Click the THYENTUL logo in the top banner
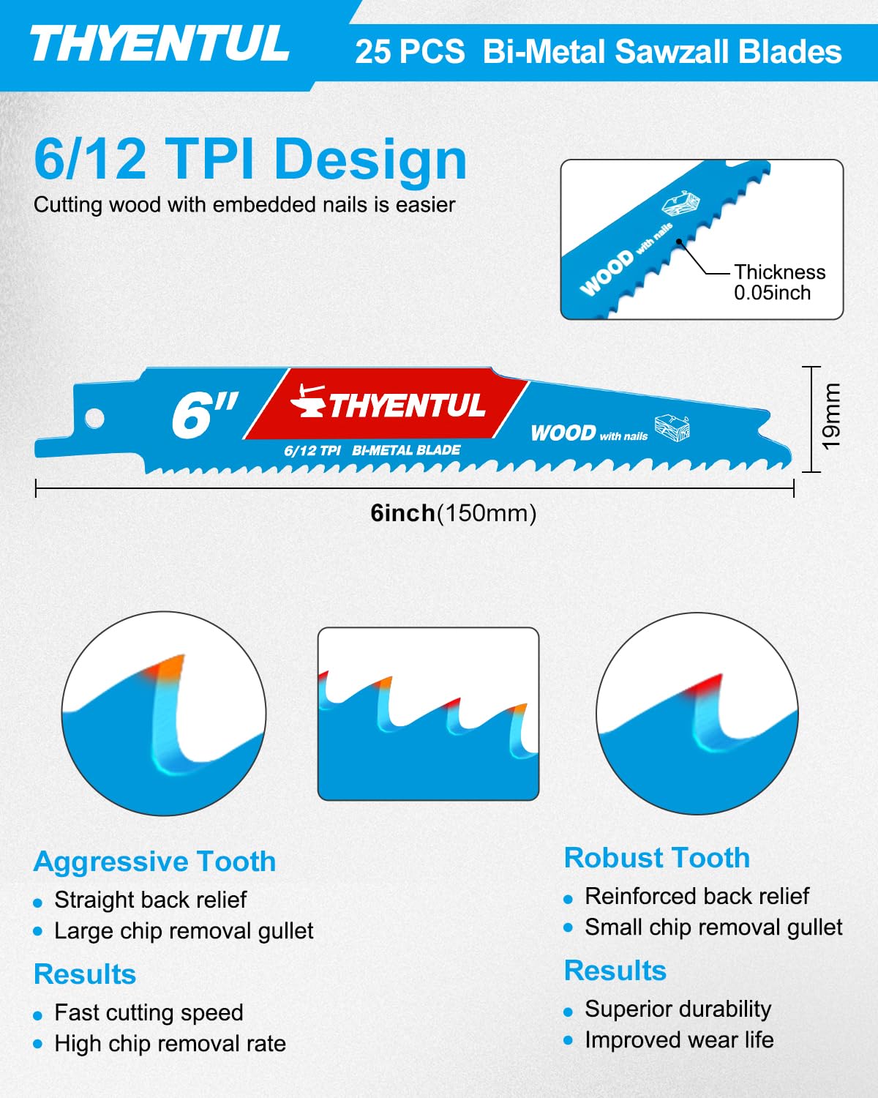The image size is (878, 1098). (160, 43)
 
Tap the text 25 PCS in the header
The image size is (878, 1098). (410, 52)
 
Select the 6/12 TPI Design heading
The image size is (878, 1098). (250, 159)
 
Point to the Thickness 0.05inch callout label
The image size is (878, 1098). (779, 282)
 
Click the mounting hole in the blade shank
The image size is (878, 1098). (95, 419)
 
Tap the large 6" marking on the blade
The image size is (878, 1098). (204, 414)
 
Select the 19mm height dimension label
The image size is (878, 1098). (831, 417)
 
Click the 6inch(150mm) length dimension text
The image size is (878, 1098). (453, 513)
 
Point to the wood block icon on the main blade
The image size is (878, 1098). (672, 427)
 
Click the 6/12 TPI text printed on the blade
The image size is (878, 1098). (312, 450)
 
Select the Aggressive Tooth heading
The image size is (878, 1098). (154, 862)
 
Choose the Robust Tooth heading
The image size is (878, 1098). (657, 858)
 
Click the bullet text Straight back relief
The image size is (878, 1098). (151, 900)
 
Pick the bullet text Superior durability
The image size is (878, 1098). (678, 1009)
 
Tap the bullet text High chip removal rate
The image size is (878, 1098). (170, 1043)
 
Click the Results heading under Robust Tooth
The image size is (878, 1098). (615, 971)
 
